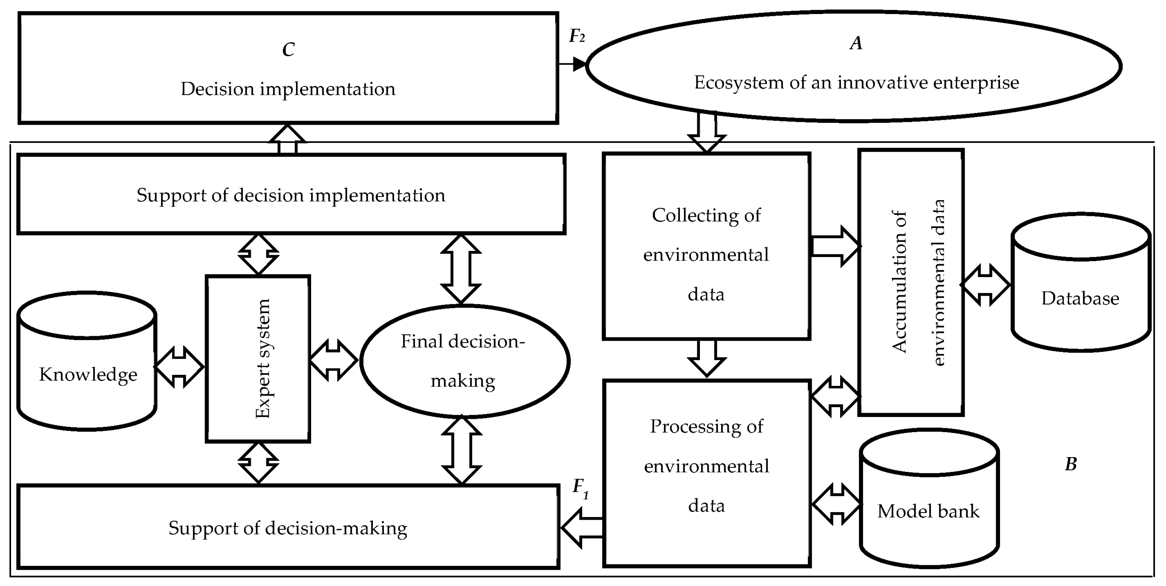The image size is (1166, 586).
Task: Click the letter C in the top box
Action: click(288, 50)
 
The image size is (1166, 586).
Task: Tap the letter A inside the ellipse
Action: click(856, 44)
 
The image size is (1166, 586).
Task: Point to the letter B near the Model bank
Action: click(1071, 464)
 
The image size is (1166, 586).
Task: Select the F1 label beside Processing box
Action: click(580, 488)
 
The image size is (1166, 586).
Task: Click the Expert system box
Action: click(258, 359)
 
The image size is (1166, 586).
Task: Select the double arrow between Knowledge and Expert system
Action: click(179, 367)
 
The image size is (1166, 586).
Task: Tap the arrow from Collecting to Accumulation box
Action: click(835, 246)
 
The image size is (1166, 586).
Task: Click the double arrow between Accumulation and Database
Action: click(985, 285)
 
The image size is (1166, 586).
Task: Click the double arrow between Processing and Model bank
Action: click(836, 504)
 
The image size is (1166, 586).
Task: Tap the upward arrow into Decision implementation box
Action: click(287, 139)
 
